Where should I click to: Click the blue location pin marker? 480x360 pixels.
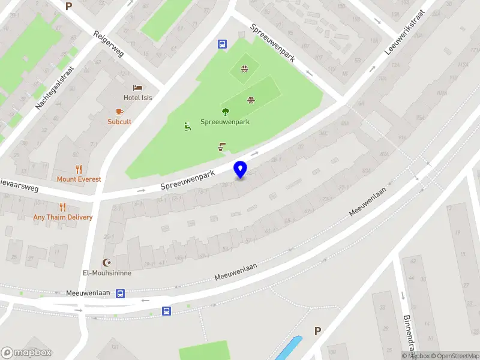[x=241, y=169]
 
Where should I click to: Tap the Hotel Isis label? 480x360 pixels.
[x=137, y=98]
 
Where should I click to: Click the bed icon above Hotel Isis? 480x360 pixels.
[x=137, y=88]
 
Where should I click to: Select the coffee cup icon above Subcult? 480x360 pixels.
[x=119, y=112]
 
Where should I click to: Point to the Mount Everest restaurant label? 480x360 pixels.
[x=79, y=179]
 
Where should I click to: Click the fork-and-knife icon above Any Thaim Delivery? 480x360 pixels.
[x=62, y=207]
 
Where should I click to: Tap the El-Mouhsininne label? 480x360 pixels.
[x=107, y=272]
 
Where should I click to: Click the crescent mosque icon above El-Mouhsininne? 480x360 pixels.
[x=107, y=262]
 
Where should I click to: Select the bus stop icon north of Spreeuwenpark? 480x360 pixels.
[x=222, y=44]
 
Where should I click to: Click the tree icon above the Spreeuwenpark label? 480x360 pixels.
[x=226, y=111]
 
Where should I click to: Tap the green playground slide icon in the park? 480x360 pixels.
[x=187, y=126]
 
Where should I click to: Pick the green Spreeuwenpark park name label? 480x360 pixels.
[x=225, y=121]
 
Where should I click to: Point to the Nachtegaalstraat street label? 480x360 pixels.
[x=54, y=88]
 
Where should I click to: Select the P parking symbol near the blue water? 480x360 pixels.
[x=318, y=331]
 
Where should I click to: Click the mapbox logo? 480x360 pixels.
[x=26, y=353]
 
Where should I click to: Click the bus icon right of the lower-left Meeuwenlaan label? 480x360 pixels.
[x=121, y=293]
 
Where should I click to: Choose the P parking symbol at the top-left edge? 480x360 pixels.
[x=68, y=6]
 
